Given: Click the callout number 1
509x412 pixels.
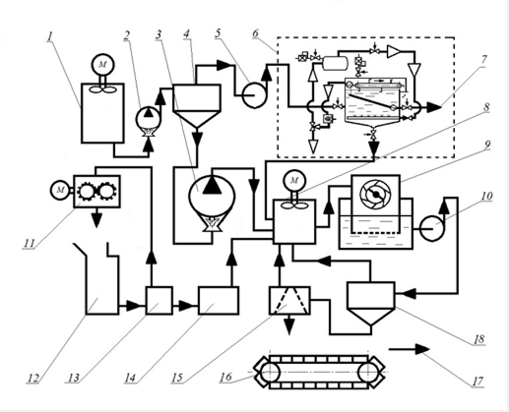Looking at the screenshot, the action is pyautogui.click(x=49, y=36).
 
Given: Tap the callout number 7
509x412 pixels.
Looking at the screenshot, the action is pyautogui.click(x=484, y=60).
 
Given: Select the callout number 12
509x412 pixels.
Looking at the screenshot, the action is pyautogui.click(x=32, y=378).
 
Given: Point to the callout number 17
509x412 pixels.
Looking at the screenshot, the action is pyautogui.click(x=477, y=382).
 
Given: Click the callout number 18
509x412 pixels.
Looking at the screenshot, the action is pyautogui.click(x=478, y=339).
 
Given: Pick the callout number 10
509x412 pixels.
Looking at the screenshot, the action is pyautogui.click(x=486, y=196).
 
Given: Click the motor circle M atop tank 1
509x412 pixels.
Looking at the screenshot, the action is pyautogui.click(x=102, y=65).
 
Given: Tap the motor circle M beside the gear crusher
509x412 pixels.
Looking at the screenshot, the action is pyautogui.click(x=60, y=190).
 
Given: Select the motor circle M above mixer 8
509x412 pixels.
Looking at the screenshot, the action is pyautogui.click(x=294, y=180).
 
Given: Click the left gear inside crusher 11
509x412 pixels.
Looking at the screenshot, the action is pyautogui.click(x=87, y=191).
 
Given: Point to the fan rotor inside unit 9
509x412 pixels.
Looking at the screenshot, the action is pyautogui.click(x=375, y=195).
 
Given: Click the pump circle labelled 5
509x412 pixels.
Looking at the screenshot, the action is pyautogui.click(x=254, y=95).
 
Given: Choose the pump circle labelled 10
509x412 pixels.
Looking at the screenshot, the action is pyautogui.click(x=432, y=228).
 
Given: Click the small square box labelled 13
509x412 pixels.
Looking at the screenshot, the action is pyautogui.click(x=159, y=301).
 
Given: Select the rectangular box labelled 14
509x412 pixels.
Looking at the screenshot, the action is pyautogui.click(x=219, y=301).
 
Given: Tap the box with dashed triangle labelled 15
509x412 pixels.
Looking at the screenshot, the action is pyautogui.click(x=289, y=301).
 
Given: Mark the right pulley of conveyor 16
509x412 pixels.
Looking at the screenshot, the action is pyautogui.click(x=368, y=373).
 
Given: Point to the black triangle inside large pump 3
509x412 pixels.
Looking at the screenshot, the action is pyautogui.click(x=212, y=186).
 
